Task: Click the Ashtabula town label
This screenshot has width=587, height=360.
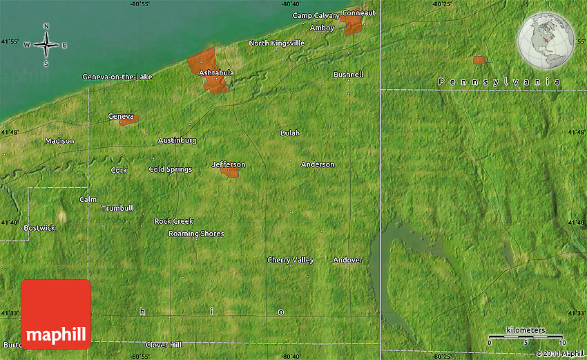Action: (216, 73)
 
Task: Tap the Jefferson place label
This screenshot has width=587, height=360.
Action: (228, 164)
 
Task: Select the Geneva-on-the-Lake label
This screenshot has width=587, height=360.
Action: (117, 77)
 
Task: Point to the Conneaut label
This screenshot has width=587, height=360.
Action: (359, 13)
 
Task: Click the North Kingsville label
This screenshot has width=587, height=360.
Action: (276, 43)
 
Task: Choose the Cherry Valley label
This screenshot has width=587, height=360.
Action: (291, 260)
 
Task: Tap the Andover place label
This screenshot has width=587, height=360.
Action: (347, 260)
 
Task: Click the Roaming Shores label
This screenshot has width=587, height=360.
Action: (196, 234)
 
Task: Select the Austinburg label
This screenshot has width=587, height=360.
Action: (177, 140)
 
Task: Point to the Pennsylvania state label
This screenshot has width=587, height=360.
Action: (499, 82)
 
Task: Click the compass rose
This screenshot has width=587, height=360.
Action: (46, 46)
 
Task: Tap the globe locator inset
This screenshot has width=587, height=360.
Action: (546, 40)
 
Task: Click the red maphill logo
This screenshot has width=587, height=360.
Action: (56, 314)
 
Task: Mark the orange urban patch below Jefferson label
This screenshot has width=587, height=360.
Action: (231, 173)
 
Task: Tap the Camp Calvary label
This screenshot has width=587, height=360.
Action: (316, 15)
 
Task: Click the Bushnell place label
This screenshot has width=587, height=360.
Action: (348, 74)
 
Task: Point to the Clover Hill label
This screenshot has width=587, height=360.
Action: (163, 345)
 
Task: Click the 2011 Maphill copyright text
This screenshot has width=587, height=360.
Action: (559, 353)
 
